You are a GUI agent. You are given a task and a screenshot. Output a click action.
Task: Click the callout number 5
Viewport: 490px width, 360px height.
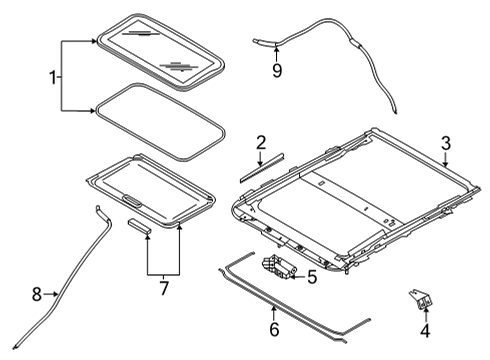312,277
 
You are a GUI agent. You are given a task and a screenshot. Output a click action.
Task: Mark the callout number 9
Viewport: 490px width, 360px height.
277,70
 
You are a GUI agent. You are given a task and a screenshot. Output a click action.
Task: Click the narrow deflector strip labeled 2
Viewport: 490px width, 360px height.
261,166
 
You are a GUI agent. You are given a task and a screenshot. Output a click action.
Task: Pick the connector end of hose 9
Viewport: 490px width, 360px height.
262,41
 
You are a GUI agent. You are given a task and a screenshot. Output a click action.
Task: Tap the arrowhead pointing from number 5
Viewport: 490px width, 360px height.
294,273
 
